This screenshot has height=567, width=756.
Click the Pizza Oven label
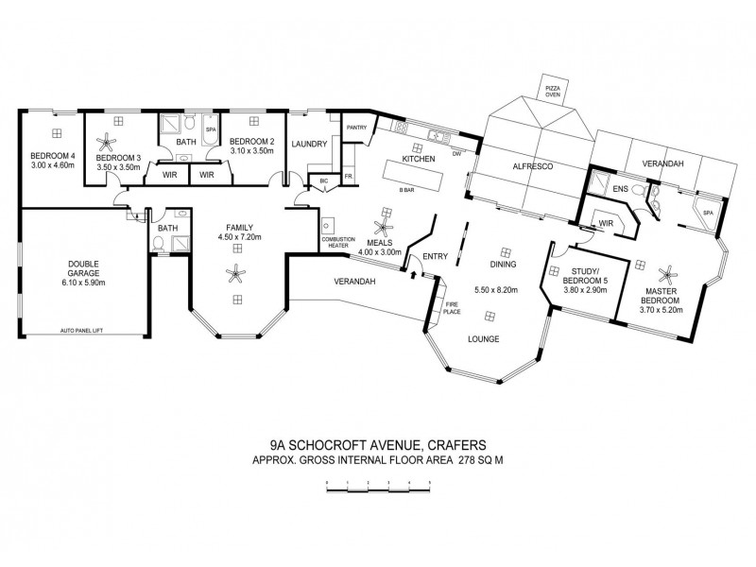point(551,91)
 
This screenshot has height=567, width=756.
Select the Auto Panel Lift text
point(80,331)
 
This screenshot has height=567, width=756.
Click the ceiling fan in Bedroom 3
point(112,141)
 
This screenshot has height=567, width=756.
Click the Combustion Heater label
point(337,240)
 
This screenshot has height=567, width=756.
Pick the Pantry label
point(356,127)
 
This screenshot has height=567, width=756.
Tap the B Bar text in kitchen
point(408,190)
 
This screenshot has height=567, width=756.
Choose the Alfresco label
point(531,166)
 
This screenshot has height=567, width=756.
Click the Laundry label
point(310,144)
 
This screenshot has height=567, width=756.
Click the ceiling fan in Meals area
point(383,228)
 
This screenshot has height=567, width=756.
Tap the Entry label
point(436,256)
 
